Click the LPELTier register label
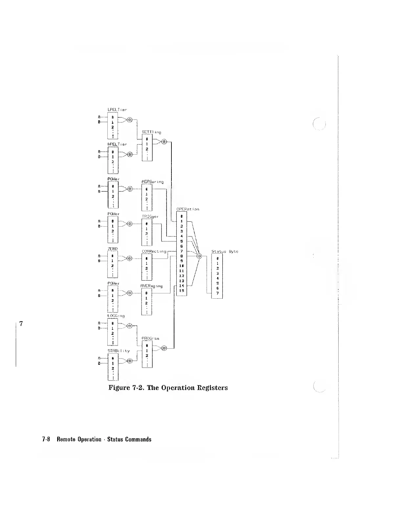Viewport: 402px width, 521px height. coord(117,109)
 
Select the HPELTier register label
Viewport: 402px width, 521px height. coord(117,144)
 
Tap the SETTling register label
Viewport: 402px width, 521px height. coord(151,132)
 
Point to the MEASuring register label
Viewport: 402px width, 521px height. coord(152,182)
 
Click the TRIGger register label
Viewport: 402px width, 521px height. coord(150,216)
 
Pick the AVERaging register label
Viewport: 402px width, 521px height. coord(151,286)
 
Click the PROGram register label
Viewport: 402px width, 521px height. coord(150,338)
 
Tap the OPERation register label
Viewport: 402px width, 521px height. coord(188,209)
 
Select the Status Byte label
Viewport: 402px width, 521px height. coord(225,252)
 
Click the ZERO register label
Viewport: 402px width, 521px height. coord(113,249)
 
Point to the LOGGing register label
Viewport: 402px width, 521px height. coord(116,316)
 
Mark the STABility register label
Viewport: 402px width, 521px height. coord(119,351)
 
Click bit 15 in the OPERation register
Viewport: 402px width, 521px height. coord(181,291)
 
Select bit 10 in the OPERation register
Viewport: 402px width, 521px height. coord(181,265)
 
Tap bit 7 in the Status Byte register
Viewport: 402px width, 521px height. coord(217,293)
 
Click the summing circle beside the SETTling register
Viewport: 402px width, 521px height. coord(165,142)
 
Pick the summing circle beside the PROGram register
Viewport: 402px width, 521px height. coord(165,348)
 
